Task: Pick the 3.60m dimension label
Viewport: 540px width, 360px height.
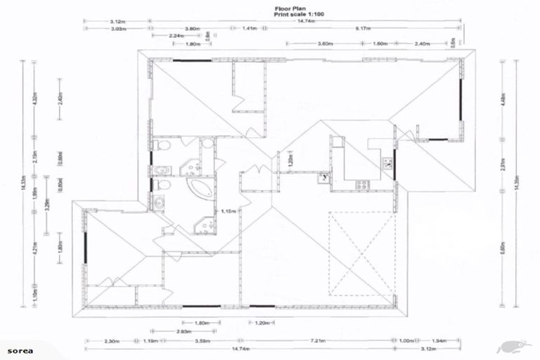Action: [326, 44]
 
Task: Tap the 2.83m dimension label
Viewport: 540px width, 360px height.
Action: [184, 331]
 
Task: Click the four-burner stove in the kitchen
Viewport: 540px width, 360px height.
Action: [363, 185]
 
